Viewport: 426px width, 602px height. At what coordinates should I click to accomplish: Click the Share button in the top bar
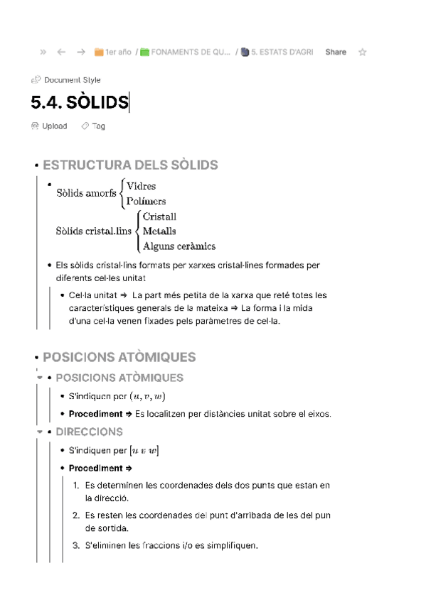tap(336, 52)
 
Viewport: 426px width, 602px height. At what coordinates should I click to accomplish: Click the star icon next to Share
tap(363, 52)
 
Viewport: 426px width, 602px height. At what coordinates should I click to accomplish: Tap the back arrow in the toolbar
tap(61, 52)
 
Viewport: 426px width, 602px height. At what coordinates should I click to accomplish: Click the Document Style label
tap(72, 80)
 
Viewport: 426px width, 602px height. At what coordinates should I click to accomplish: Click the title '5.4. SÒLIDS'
tap(79, 103)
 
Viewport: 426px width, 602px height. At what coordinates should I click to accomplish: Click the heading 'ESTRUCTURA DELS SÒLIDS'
tap(130, 165)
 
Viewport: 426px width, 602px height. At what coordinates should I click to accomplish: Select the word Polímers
tap(146, 201)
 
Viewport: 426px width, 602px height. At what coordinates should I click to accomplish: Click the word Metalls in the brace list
tap(159, 231)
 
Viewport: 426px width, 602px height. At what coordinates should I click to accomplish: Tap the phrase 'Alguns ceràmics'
tap(179, 246)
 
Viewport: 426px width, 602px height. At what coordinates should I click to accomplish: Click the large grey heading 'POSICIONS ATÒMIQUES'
tap(119, 357)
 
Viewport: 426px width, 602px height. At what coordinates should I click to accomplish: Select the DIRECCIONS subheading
tap(89, 432)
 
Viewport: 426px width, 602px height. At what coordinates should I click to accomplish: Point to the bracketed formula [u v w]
tap(144, 450)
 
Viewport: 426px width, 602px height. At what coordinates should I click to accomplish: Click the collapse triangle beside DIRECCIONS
tap(39, 432)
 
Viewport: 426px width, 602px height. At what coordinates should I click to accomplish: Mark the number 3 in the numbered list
tap(76, 546)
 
